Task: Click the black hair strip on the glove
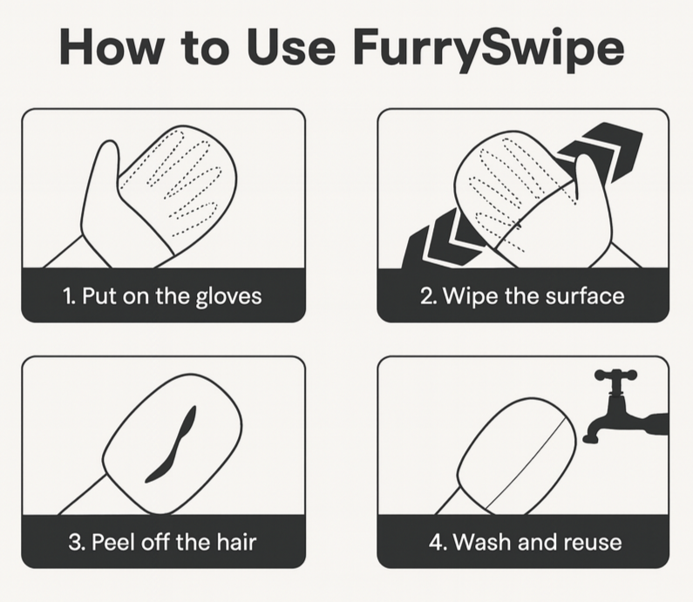click(x=171, y=444)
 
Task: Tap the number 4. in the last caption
click(x=437, y=542)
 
